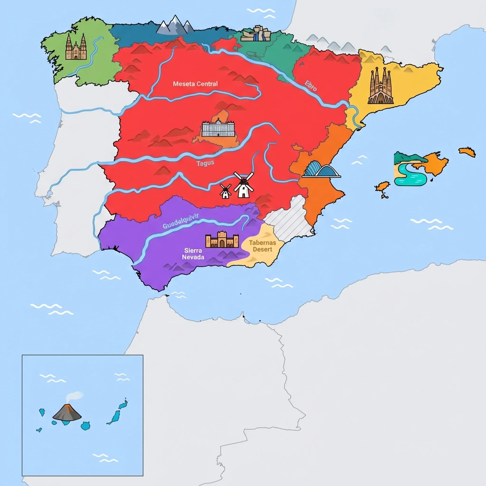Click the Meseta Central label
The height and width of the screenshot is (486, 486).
pyautogui.click(x=195, y=84)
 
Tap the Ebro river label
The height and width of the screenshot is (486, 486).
pyautogui.click(x=311, y=86)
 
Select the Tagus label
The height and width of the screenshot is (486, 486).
pyautogui.click(x=205, y=163)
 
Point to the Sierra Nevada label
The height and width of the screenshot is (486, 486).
pyautogui.click(x=193, y=254)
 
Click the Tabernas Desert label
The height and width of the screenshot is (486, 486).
pyautogui.click(x=262, y=246)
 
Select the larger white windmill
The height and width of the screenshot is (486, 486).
pyautogui.click(x=243, y=185)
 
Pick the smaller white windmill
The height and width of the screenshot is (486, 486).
pyautogui.click(x=225, y=192)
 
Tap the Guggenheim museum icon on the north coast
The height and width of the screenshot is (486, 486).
pyautogui.click(x=255, y=33)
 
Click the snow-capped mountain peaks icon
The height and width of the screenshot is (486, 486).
pyautogui.click(x=175, y=25)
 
